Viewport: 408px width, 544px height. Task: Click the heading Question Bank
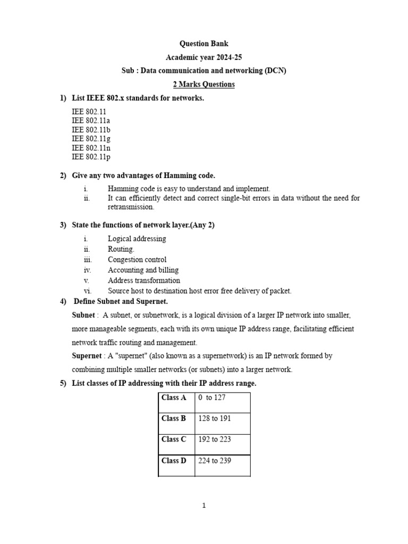204,44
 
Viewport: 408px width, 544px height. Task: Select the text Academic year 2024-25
204,57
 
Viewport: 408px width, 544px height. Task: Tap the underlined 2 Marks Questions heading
204,84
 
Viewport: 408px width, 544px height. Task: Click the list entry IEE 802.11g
91,139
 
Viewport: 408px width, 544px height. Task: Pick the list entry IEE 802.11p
91,157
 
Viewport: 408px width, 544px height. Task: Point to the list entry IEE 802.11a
91,121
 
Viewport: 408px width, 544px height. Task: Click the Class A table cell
174,397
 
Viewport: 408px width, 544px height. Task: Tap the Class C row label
174,439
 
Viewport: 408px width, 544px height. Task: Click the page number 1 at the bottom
204,506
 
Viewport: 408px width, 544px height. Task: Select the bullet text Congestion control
137,260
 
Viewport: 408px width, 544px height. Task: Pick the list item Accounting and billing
143,270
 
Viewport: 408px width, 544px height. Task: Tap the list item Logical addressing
137,239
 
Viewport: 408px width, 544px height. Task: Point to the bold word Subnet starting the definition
83,315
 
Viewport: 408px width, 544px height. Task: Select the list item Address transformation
144,280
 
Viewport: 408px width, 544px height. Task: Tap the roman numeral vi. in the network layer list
88,291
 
